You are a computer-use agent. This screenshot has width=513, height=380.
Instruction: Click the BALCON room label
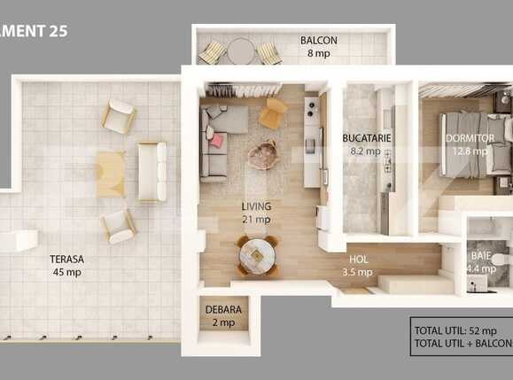(x=317, y=40)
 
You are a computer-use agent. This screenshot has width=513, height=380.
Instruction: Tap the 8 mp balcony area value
(x=317, y=52)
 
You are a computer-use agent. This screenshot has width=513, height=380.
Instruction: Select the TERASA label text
(x=66, y=260)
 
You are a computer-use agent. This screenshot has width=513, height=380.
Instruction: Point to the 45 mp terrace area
(x=66, y=272)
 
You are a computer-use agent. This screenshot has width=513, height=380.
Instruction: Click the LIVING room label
(x=257, y=206)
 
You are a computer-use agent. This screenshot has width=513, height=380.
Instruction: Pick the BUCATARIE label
(x=367, y=138)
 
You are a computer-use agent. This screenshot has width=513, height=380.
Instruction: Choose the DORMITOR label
(x=470, y=138)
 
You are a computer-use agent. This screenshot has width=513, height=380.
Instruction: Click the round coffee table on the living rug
(x=263, y=156)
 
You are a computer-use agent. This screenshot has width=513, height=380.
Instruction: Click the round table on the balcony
(x=240, y=52)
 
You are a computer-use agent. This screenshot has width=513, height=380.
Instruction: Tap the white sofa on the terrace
(x=152, y=170)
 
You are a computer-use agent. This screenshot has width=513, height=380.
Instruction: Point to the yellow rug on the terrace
(x=111, y=173)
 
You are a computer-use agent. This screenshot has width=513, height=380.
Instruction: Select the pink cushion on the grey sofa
(x=215, y=139)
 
